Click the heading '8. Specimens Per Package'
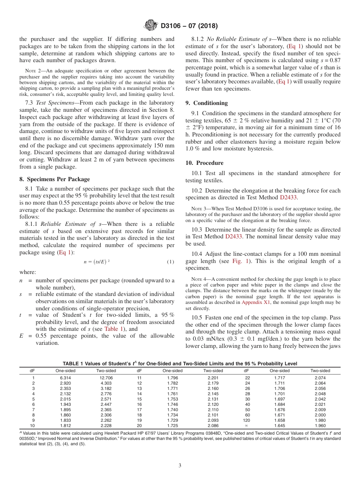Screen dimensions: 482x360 coord(54,179)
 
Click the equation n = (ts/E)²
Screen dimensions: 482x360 coord(97,262)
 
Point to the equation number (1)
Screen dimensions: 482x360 coord(170,262)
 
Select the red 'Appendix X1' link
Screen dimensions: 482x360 coord(255,302)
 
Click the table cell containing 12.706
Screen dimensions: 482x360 coord(106,378)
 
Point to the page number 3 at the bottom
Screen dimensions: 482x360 coord(180,465)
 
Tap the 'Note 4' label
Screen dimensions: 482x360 coord(197,279)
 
